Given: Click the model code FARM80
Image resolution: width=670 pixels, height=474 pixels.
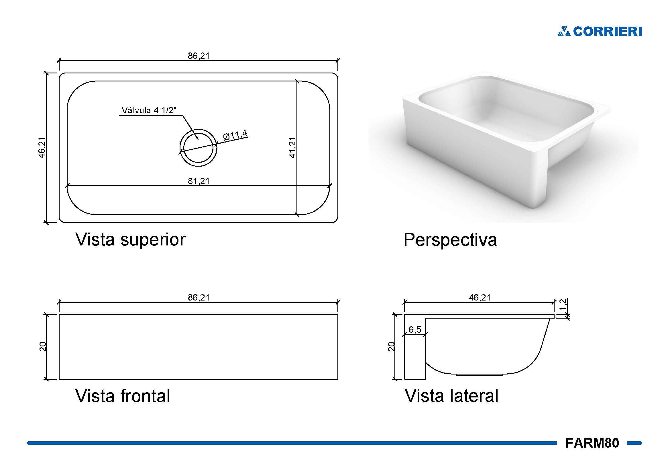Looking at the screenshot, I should pos(592,443).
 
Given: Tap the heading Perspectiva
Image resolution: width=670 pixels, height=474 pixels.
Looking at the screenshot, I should pos(450,240).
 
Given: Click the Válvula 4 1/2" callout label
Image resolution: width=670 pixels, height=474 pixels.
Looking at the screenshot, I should pos(149,110).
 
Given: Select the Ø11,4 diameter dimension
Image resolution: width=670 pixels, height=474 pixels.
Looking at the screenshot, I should pos(235,135).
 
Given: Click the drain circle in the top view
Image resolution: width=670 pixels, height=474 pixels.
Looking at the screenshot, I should pos(198,148).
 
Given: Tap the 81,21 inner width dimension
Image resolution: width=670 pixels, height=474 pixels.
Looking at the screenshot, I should pos(199,181).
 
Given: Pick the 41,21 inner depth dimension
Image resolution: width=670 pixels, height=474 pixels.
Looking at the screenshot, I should pos(292,148).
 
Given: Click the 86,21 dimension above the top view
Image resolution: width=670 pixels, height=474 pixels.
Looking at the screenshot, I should pos(199,56).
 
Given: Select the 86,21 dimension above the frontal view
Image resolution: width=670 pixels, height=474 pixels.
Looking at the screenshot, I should pos(199,297).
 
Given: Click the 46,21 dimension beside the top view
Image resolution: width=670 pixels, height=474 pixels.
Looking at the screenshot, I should pos(42,148).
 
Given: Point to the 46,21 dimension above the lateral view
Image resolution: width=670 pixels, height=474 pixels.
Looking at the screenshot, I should pos(480,297).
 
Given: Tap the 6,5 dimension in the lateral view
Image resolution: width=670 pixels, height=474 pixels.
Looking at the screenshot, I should pos(415,329).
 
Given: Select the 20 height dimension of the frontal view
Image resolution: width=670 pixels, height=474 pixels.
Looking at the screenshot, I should pos(43,347).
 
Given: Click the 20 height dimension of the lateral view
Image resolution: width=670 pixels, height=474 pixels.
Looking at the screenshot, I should pos(391,347).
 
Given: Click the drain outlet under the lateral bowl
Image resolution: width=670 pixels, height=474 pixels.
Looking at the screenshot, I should pos(479,375).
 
